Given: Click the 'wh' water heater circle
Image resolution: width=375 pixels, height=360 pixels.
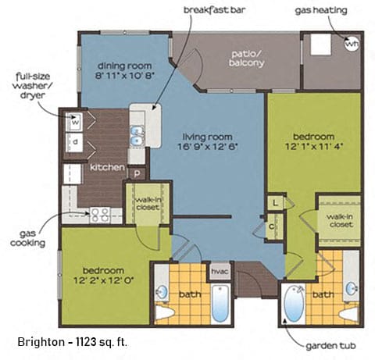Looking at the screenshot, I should coord(352,44).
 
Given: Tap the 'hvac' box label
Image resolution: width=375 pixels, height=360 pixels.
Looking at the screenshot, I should coord(219,271).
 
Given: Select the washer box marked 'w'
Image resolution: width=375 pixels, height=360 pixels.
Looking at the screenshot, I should coord(76,121).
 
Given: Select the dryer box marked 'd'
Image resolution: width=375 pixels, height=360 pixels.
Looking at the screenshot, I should coord(76,142).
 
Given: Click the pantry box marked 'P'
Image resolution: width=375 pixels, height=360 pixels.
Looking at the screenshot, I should coord(137,173).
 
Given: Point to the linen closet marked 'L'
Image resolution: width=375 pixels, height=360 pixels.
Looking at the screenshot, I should coord(276,203).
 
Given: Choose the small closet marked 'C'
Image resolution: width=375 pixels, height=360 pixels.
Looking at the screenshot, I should coord(272,226).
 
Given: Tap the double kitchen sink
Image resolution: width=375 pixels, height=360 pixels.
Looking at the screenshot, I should coord(137,135).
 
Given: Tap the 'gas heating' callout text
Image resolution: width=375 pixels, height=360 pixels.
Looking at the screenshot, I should coord(322,10).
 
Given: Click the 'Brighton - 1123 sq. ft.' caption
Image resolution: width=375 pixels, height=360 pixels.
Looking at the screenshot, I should coord(73,341).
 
